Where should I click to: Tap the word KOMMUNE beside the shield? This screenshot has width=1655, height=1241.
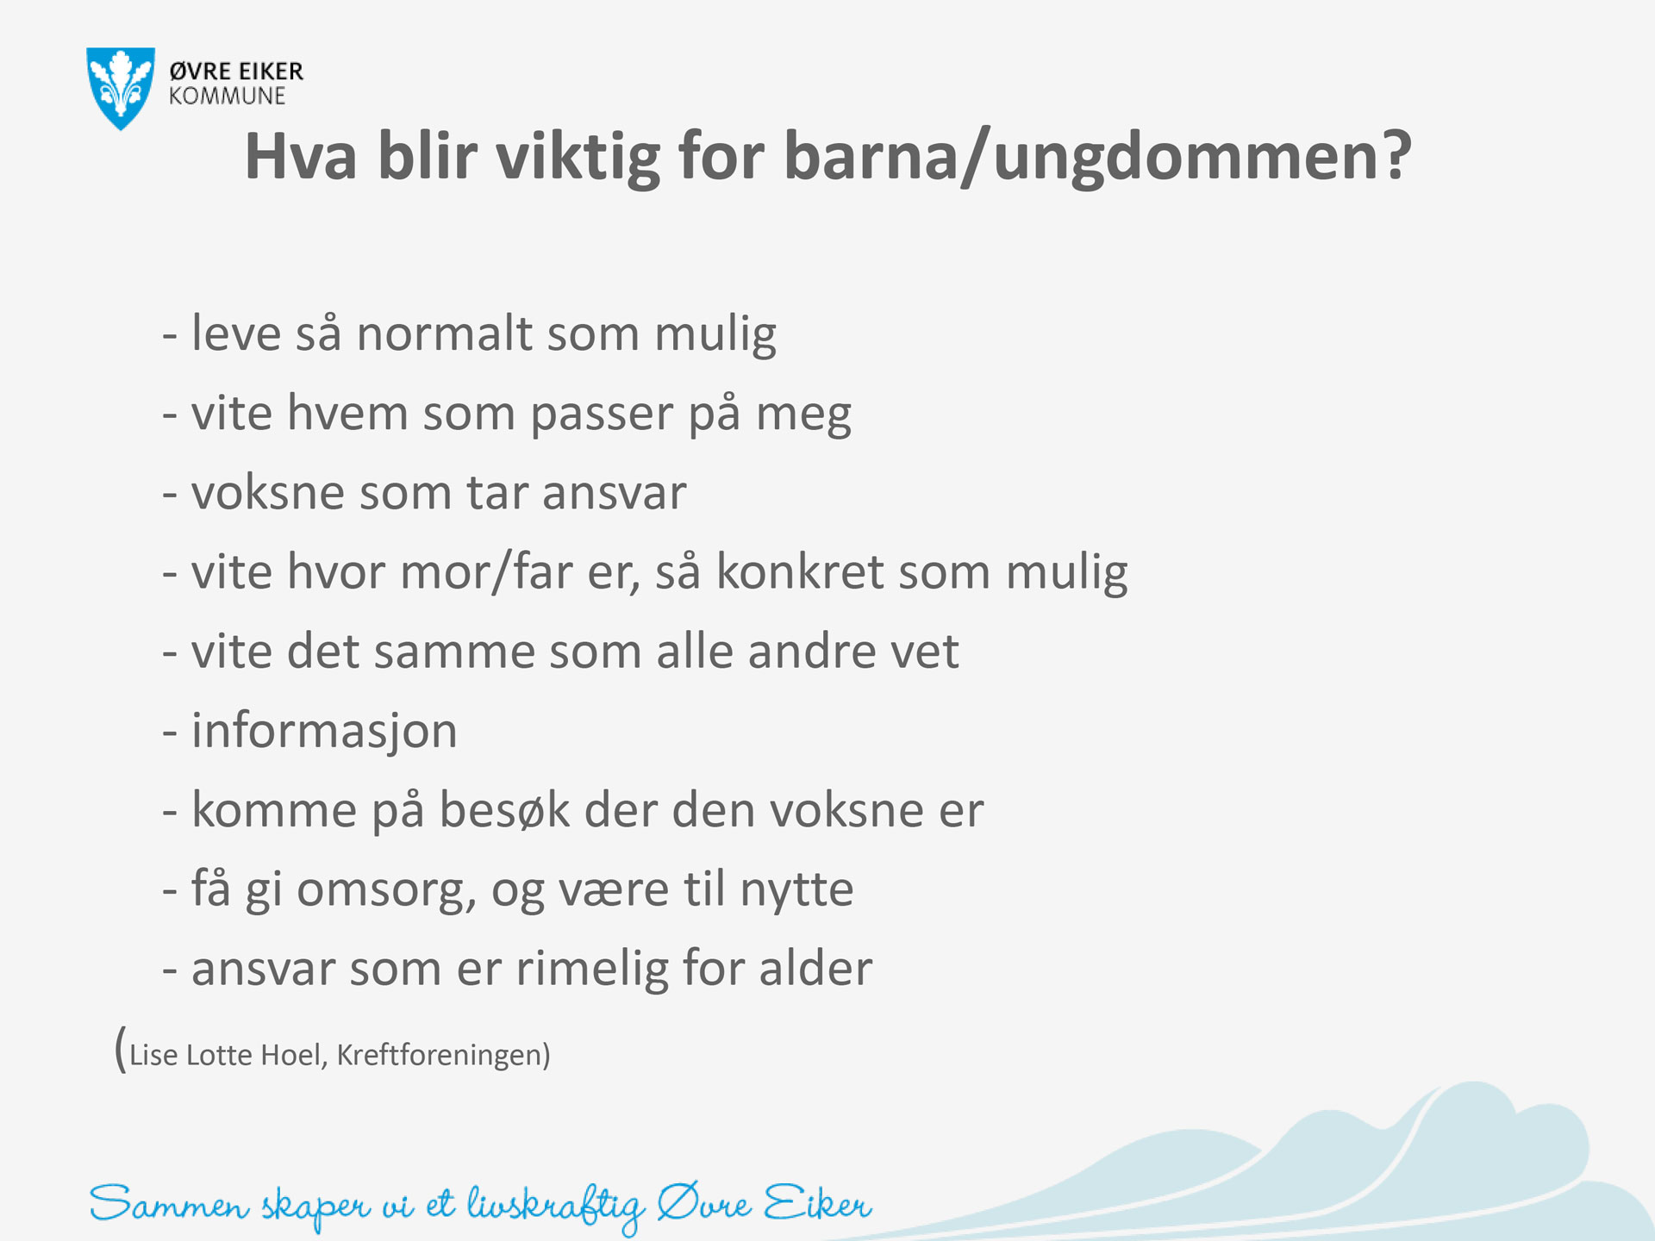pos(227,97)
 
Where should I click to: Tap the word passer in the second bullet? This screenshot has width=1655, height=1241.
pos(601,415)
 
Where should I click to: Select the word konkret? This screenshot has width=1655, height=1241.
pos(801,571)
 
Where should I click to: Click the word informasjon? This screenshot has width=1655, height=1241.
pos(324,732)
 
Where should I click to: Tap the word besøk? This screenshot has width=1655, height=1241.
pos(505,809)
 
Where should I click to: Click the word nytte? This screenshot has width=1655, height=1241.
pos(797,889)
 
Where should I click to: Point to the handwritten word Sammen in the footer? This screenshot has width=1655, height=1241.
pos(169,1204)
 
